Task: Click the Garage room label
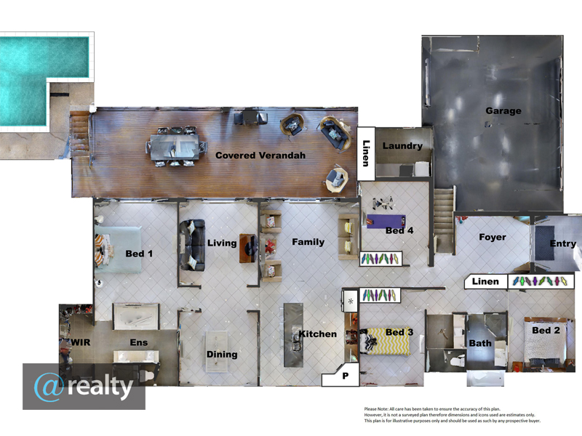(x=503, y=110)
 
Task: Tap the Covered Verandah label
(x=260, y=156)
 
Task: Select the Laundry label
(x=402, y=146)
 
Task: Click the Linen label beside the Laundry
(x=366, y=153)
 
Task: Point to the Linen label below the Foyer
(x=485, y=281)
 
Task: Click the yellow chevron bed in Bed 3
(x=386, y=342)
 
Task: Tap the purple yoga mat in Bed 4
(x=386, y=222)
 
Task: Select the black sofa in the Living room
(x=192, y=245)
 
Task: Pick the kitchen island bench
(x=293, y=335)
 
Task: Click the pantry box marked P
(x=340, y=375)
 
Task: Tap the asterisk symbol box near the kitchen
(x=351, y=302)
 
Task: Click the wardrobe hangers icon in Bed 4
(x=380, y=259)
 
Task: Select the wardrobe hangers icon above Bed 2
(x=540, y=281)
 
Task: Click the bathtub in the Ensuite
(x=136, y=317)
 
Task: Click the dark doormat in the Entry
(x=544, y=243)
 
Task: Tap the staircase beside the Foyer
(x=444, y=220)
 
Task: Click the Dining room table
(x=216, y=351)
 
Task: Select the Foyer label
(x=493, y=237)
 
